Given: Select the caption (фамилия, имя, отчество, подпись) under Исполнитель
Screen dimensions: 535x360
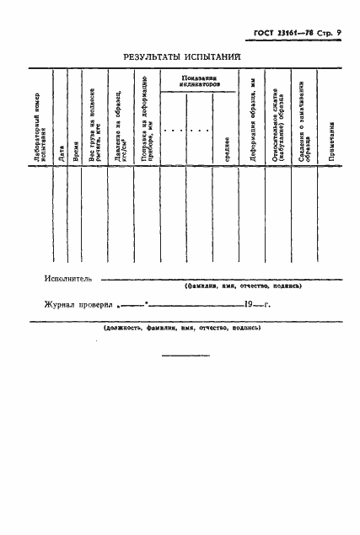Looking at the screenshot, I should [x=243, y=286].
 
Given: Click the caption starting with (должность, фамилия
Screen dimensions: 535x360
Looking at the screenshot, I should [x=181, y=327].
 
